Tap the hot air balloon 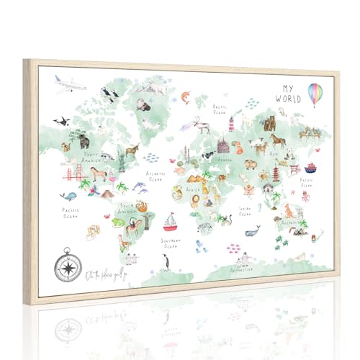pyautogui.click(x=316, y=94)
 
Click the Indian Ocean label pyautogui.click(x=245, y=211)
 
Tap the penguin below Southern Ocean pyautogui.click(x=166, y=261)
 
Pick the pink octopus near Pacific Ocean pyautogui.click(x=305, y=195)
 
